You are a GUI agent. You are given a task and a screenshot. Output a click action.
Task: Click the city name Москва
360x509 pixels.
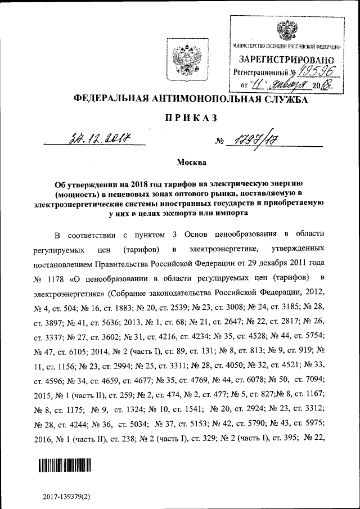pos(191,163)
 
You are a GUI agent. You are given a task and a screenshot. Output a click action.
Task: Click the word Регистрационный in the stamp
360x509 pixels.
pos(259,73)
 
